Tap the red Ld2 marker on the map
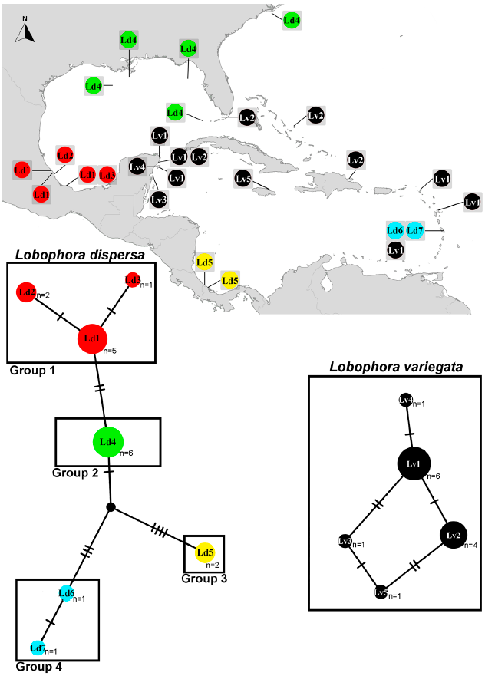pos(65,156)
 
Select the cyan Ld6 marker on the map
pos(395,230)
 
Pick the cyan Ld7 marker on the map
pos(415,230)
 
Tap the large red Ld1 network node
pos(91,338)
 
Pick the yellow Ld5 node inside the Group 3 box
pos(205,551)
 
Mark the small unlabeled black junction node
pos(110,506)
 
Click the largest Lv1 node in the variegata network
pos(413,463)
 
